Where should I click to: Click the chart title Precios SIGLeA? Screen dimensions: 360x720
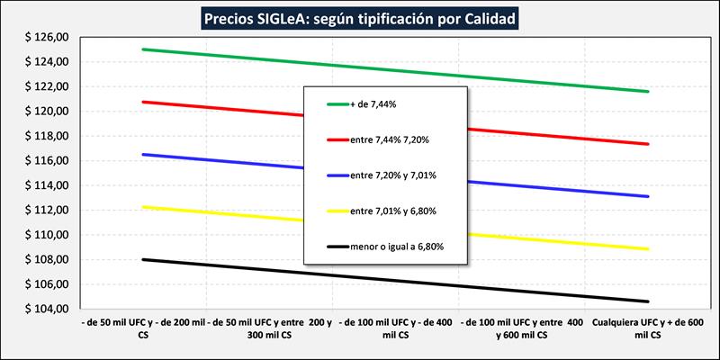360,17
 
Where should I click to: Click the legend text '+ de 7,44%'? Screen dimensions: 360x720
373,104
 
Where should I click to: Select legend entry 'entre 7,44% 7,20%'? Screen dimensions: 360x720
389,140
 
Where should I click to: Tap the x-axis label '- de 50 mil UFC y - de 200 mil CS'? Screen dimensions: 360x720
144,328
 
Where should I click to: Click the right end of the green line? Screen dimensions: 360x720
648,92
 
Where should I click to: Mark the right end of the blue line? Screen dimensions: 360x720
648,196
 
